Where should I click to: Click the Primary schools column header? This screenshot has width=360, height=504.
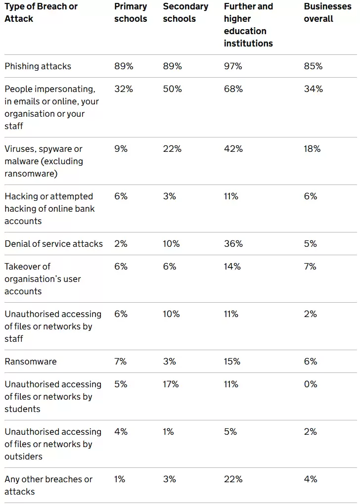[x=131, y=13]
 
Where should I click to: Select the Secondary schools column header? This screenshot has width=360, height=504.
[x=185, y=13]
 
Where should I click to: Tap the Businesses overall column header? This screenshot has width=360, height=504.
[x=327, y=13]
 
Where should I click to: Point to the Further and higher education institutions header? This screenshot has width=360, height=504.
[x=248, y=25]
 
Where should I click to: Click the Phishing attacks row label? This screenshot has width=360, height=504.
[x=38, y=66]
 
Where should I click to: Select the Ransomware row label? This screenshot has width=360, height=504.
[x=31, y=362]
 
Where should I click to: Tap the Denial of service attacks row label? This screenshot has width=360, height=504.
[x=54, y=244]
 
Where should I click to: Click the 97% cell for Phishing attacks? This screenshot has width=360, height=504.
[x=233, y=66]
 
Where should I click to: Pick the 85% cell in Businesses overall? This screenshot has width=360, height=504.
[x=313, y=66]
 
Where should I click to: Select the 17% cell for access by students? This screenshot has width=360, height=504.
[x=171, y=384]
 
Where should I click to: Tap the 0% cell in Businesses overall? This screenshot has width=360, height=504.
[x=311, y=384]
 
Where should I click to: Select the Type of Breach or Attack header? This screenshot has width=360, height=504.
[x=41, y=13]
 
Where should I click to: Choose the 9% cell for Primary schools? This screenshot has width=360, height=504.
[x=121, y=149]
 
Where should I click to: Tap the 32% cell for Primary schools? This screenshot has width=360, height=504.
[x=123, y=89]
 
